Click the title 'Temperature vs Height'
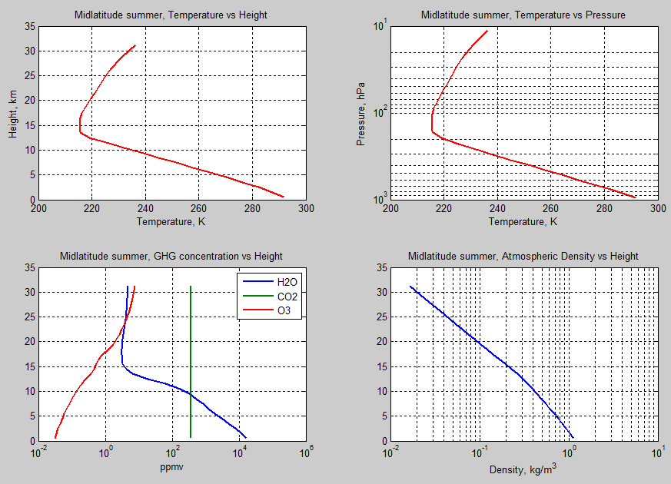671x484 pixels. point(171,15)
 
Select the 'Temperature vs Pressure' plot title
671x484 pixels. point(523,15)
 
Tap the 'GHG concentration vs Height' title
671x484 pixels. point(171,256)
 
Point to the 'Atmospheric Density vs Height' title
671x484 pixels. point(523,256)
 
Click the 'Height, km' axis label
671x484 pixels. point(13,113)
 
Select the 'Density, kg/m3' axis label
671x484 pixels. point(523,467)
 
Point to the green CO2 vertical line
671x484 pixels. point(191,346)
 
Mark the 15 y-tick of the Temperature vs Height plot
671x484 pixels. point(28,125)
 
